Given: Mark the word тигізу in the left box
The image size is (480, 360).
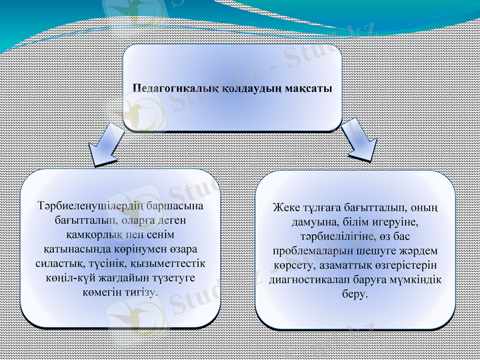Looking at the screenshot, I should click(141, 292).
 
